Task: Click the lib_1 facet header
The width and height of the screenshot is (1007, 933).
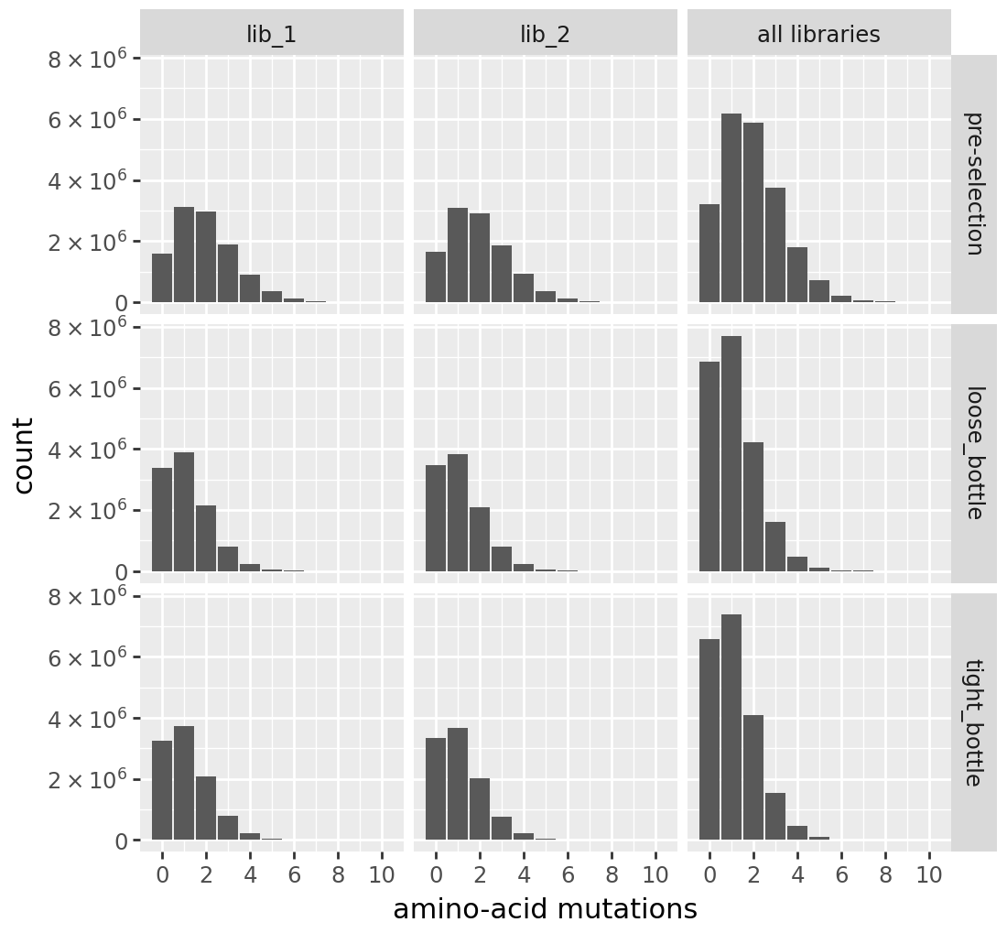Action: pos(272,34)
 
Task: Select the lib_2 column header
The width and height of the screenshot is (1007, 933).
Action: pos(545,34)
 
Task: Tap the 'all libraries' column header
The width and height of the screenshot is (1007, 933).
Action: pos(818,34)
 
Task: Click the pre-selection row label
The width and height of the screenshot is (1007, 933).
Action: pos(974,183)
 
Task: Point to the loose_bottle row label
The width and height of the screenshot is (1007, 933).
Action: pos(974,452)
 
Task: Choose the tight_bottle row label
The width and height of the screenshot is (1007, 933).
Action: pos(974,722)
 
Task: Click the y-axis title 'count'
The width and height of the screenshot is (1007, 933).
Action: pos(25,455)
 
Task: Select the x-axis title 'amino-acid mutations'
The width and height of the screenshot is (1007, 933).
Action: pos(545,909)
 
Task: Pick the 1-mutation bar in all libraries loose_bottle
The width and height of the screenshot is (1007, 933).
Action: pos(731,453)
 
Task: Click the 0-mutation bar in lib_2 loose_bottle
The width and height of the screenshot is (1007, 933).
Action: pos(436,518)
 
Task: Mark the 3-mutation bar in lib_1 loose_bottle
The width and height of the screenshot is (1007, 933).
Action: pos(228,559)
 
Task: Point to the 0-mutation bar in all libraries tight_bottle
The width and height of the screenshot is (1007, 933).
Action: pos(709,739)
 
